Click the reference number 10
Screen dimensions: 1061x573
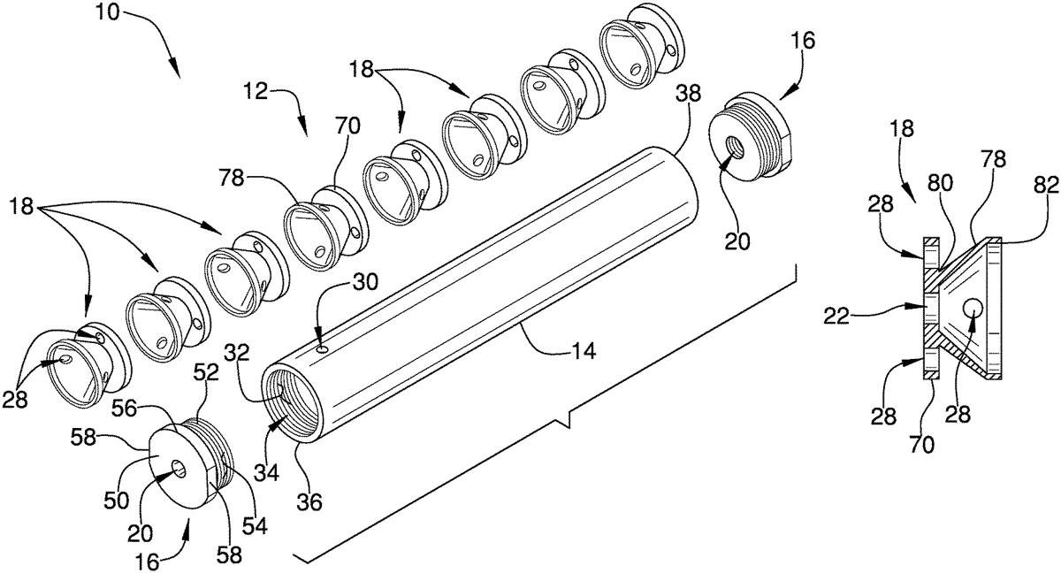point(108,12)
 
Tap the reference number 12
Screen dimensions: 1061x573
point(257,90)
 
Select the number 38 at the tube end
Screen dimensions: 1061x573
point(688,94)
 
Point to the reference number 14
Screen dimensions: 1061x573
point(584,351)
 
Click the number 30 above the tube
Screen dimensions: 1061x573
point(365,282)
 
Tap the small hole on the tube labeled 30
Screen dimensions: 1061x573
point(322,349)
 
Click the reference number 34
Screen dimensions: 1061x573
point(266,472)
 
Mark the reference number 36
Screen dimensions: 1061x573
point(309,502)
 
